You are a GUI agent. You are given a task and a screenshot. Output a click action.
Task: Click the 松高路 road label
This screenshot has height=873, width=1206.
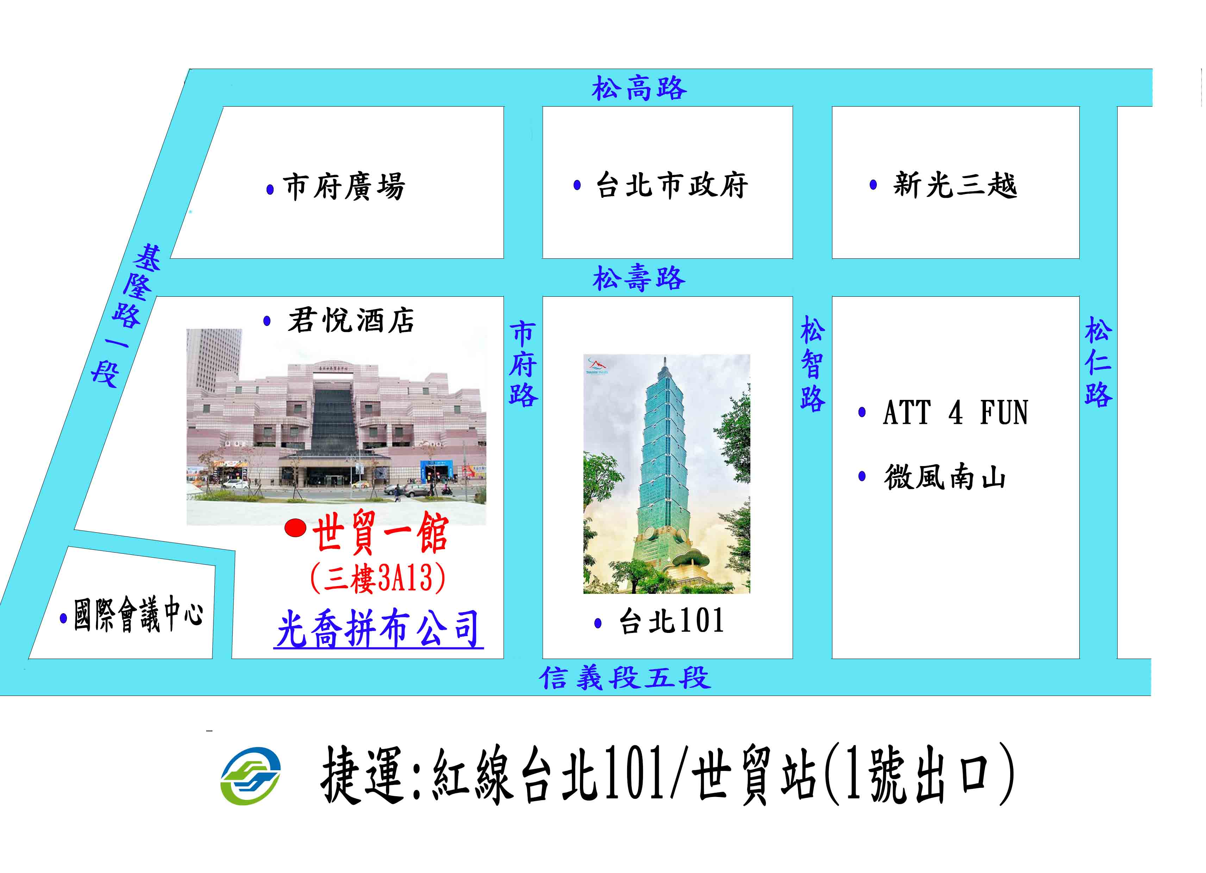(639, 88)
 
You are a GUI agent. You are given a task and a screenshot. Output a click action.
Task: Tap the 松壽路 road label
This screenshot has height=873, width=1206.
(639, 278)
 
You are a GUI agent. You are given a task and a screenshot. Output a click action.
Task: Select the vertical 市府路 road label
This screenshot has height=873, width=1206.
(523, 364)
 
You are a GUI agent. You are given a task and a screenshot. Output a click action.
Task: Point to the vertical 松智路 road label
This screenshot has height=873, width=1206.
(812, 364)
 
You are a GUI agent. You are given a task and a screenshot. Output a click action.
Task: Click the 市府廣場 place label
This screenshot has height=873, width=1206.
(344, 187)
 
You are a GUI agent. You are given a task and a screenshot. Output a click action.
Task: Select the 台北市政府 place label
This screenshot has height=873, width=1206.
(672, 185)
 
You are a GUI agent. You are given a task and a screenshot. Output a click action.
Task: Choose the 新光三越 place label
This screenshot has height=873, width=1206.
(955, 185)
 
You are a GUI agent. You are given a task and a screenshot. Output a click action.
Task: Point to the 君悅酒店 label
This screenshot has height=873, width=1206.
(351, 321)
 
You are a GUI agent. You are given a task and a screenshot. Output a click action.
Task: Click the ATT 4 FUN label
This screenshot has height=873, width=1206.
(956, 413)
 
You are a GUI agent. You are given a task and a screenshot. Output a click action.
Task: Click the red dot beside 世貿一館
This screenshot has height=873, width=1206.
(295, 528)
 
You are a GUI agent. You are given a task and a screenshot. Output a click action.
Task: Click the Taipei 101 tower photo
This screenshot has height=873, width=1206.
(667, 474)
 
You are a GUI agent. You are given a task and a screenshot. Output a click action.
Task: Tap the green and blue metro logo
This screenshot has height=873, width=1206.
(250, 776)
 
